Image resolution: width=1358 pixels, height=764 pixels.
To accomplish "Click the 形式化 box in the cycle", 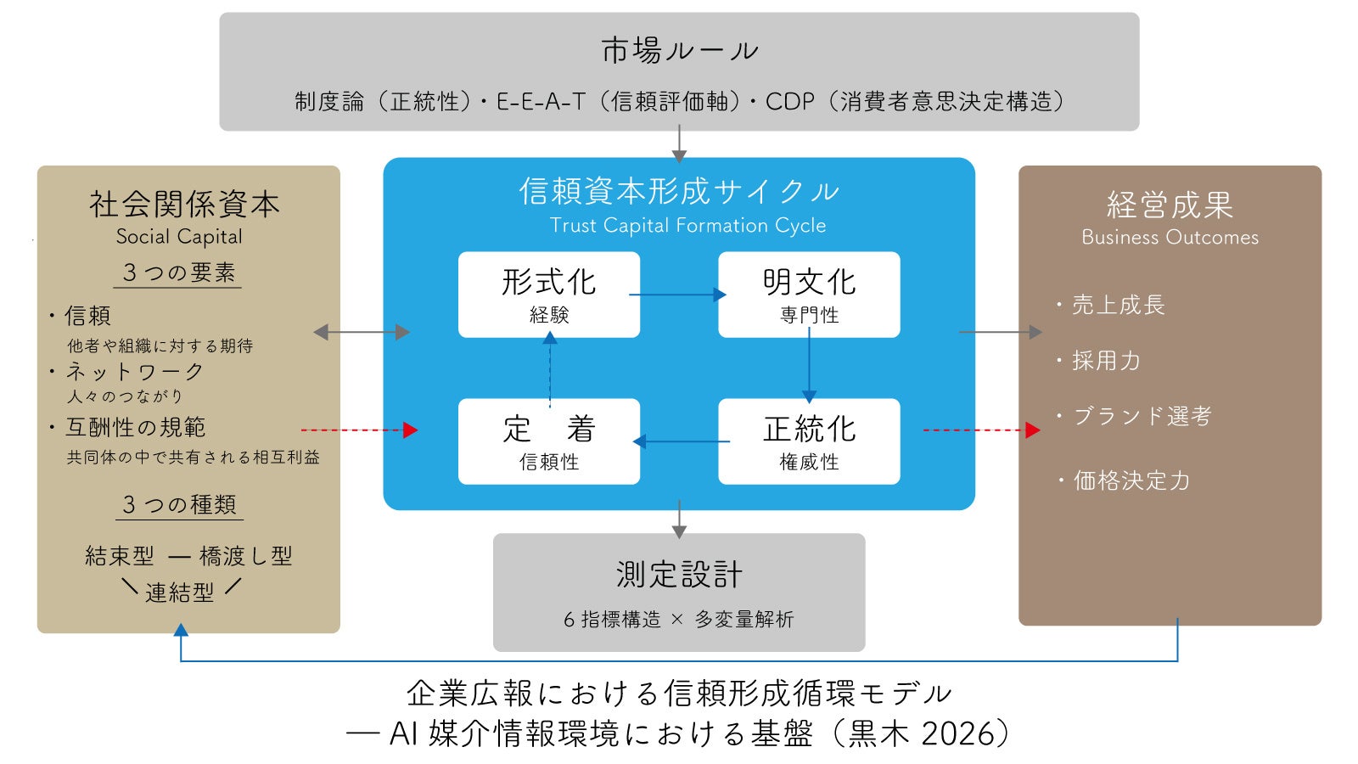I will (x=548, y=294).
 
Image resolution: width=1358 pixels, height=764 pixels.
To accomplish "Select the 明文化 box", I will (x=809, y=294).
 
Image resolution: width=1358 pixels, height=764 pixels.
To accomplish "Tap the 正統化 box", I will (x=809, y=441).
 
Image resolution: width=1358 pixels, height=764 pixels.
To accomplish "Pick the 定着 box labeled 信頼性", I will (x=548, y=441).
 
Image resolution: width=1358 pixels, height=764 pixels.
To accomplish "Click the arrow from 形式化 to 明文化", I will (x=678, y=295).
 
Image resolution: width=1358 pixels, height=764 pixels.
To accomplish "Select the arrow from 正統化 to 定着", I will (x=681, y=441).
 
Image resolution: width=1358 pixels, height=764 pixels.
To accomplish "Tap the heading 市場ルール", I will (x=679, y=51).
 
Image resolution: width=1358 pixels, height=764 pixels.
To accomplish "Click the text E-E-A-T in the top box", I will (x=541, y=102).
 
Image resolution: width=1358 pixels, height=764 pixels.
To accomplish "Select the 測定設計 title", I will (x=679, y=575).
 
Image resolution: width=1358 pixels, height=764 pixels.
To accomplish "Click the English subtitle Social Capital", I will (x=179, y=237).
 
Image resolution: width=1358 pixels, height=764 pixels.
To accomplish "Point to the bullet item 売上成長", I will (x=1118, y=305).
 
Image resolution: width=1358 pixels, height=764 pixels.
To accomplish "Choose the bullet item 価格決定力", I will (x=1131, y=480).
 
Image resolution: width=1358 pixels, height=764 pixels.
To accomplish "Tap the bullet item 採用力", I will (x=1106, y=361).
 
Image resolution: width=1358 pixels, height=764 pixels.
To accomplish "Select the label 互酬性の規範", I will (x=136, y=427).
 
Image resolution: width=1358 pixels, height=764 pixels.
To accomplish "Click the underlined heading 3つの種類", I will (x=179, y=505).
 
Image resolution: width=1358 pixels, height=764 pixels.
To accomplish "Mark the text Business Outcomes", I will (x=1170, y=238).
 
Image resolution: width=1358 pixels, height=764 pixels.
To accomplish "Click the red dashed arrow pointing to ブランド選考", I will (x=981, y=430).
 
